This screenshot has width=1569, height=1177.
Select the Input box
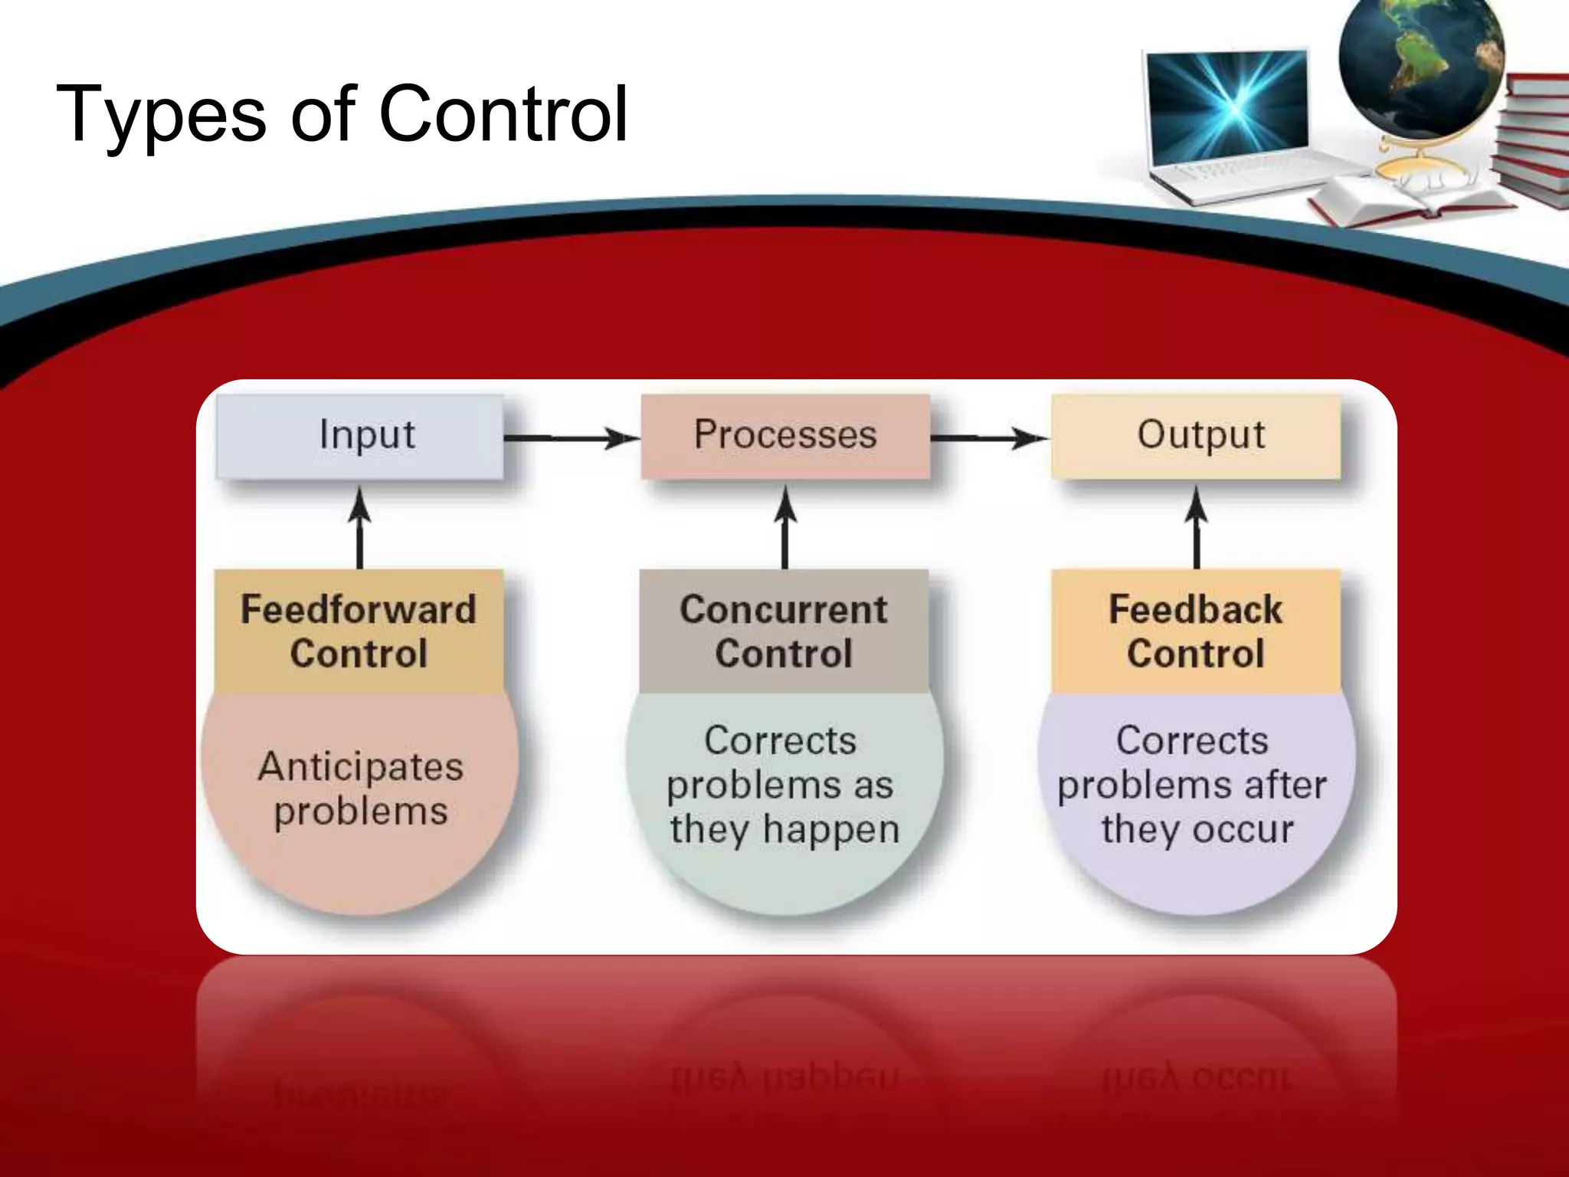click(x=360, y=436)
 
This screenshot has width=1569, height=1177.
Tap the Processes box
click(x=785, y=436)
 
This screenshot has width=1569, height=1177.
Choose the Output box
click(x=1197, y=436)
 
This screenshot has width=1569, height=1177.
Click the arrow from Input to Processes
click(x=571, y=438)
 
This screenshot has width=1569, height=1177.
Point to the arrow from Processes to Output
click(x=988, y=438)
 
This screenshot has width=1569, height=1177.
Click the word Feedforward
click(x=359, y=610)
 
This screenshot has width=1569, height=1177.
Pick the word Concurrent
click(x=783, y=610)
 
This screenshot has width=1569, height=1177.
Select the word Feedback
click(x=1195, y=610)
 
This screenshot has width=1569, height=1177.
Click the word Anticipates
click(x=360, y=766)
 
